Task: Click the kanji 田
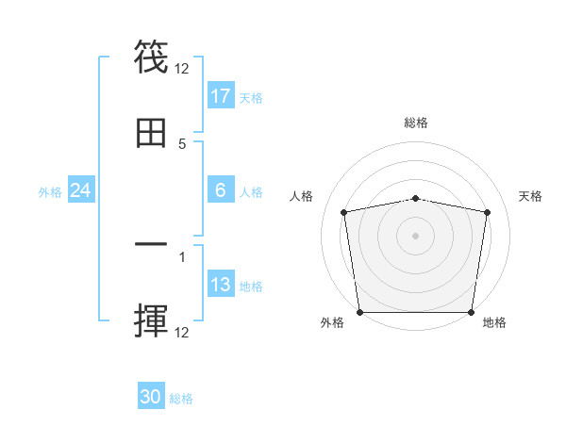click(x=151, y=134)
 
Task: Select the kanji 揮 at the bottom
click(x=151, y=321)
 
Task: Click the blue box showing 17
click(x=221, y=96)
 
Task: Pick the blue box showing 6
click(x=221, y=190)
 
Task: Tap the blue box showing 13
click(x=221, y=285)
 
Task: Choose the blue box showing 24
click(x=81, y=190)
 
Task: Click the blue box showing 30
click(x=151, y=397)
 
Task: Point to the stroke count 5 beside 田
click(x=182, y=143)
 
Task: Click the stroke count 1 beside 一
click(x=182, y=255)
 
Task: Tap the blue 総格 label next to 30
click(x=181, y=399)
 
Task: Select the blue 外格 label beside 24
click(x=50, y=191)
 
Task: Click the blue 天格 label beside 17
click(x=251, y=97)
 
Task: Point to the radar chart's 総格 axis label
click(x=416, y=123)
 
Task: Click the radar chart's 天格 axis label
click(x=531, y=196)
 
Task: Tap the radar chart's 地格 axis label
click(x=494, y=322)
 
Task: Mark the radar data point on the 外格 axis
click(x=359, y=312)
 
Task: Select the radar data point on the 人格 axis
click(x=344, y=212)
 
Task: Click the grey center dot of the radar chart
click(x=416, y=235)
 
